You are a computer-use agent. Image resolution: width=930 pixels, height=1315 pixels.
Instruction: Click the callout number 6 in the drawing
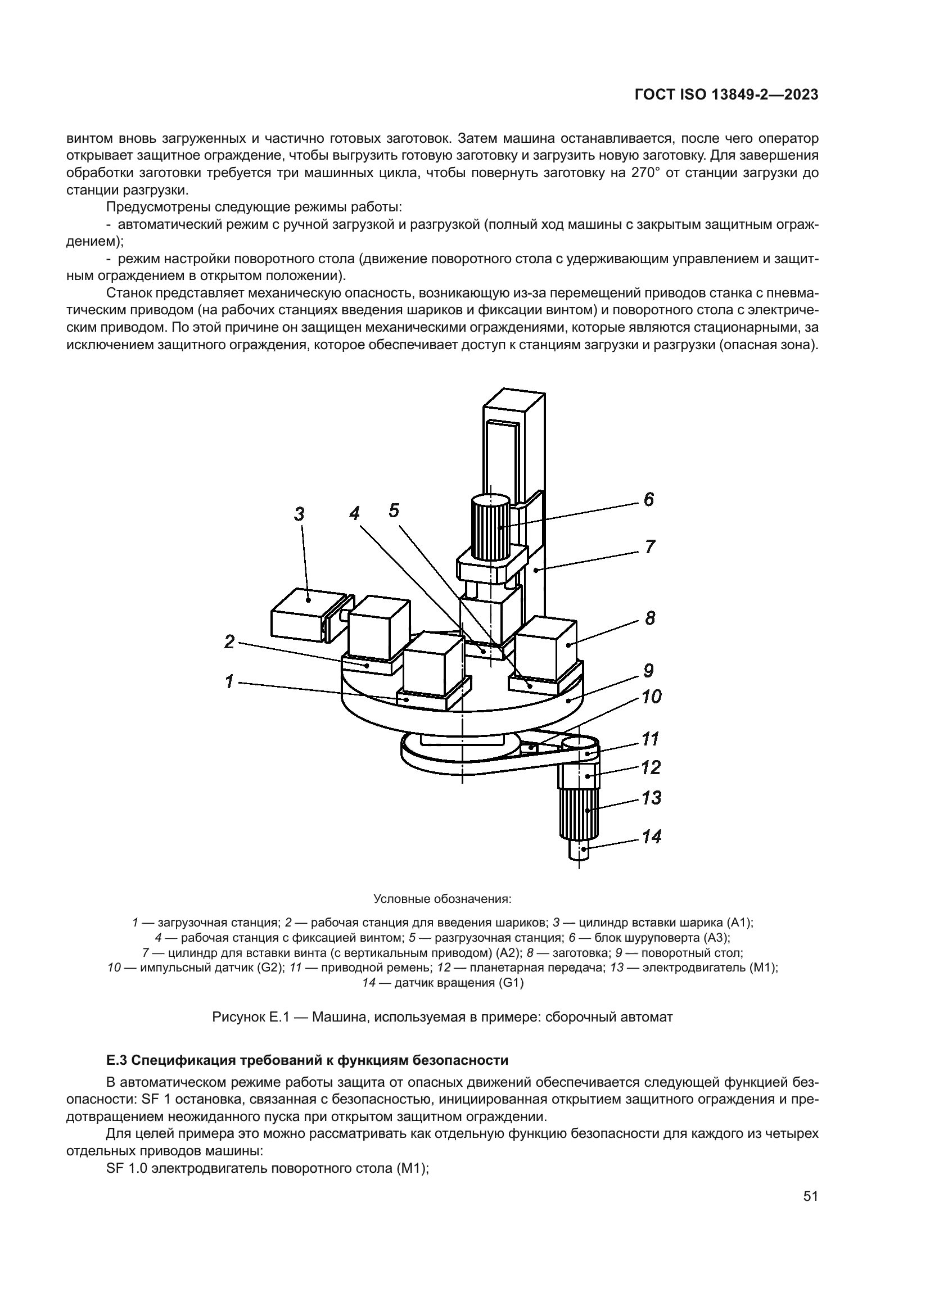click(648, 499)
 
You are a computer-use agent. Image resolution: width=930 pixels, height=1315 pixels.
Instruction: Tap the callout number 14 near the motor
click(651, 837)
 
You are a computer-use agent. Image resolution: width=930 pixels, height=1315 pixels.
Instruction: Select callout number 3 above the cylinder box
click(299, 514)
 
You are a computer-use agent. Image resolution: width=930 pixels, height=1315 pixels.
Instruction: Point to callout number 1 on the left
click(229, 681)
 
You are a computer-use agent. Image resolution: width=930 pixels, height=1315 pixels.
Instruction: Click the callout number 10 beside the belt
click(651, 697)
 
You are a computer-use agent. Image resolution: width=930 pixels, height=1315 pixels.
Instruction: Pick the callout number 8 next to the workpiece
click(649, 618)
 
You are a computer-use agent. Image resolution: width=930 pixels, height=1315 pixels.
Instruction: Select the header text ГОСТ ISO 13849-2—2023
click(726, 95)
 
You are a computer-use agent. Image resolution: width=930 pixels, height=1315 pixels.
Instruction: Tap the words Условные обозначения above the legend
click(442, 898)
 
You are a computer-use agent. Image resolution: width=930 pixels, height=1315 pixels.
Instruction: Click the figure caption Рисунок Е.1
click(442, 1017)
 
